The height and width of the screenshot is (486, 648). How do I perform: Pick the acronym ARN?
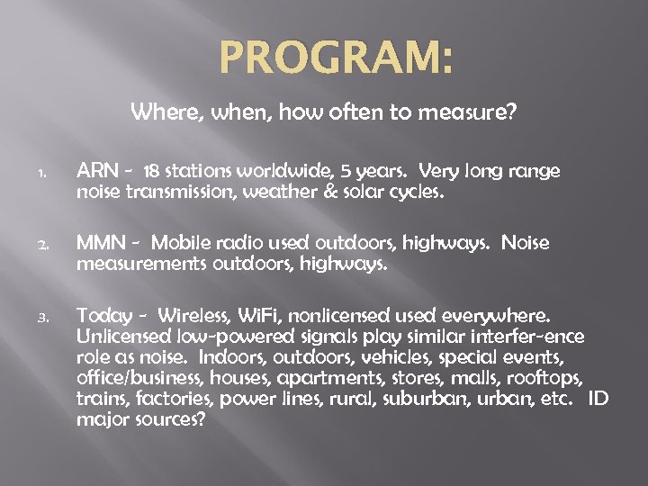tap(95, 172)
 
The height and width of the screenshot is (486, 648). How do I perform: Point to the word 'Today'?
tap(101, 316)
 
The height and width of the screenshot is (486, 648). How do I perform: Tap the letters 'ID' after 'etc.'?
tap(598, 399)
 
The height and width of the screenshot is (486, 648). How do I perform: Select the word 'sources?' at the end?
tap(172, 419)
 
